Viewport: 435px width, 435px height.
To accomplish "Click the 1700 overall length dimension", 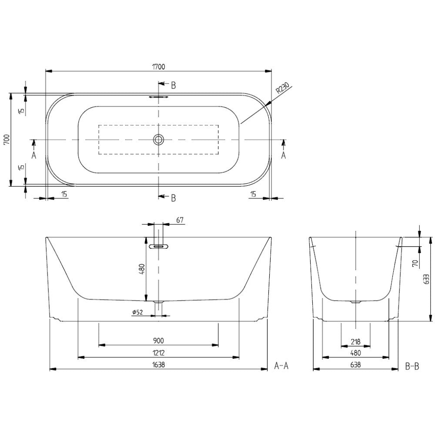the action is click(159, 67).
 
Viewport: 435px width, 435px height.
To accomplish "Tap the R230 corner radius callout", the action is click(283, 89).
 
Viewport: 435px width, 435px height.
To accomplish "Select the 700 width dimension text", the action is click(7, 139).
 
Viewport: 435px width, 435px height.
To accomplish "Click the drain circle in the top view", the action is click(158, 139).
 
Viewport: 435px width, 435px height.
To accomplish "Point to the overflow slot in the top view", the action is click(158, 97).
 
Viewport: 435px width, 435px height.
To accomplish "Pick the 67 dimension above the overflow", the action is click(180, 220).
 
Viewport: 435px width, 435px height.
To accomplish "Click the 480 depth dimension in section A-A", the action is click(142, 269).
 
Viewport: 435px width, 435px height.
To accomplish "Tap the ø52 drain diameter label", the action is click(137, 312).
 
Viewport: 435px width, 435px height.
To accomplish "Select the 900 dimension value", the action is click(158, 341).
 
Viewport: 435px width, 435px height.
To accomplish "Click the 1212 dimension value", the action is click(158, 353).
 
